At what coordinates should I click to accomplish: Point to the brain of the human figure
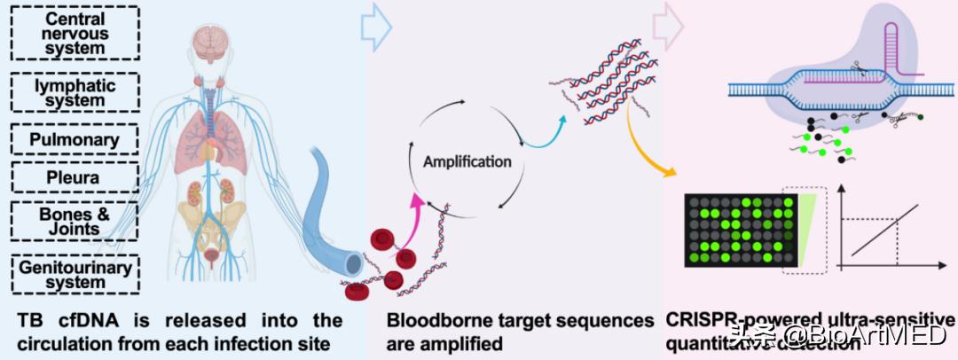coord(210,39)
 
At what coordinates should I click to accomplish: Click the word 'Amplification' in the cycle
coord(467,162)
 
